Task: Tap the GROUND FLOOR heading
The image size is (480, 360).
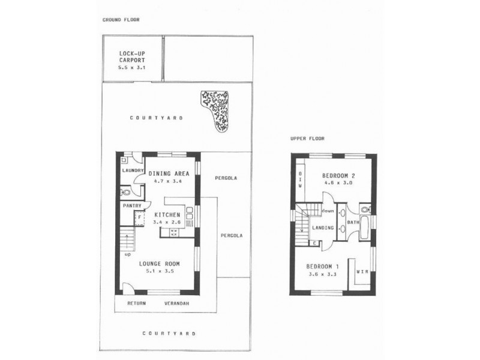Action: [x=121, y=20]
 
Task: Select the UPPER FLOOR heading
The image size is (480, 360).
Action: [x=307, y=139]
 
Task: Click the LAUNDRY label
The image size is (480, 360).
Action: [x=132, y=170]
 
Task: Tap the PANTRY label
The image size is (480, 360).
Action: [x=131, y=206]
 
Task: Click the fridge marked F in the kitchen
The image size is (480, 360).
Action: [x=139, y=217]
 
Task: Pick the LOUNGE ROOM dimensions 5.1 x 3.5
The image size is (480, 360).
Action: [x=159, y=272]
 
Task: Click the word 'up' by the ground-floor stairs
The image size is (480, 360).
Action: [x=128, y=254]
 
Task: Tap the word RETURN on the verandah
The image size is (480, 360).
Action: [x=137, y=303]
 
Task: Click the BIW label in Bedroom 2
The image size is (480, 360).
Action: [x=300, y=178]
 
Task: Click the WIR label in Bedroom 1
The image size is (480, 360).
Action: [x=362, y=271]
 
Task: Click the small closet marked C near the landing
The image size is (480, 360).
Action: [x=315, y=243]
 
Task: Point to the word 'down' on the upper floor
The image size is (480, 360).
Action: [x=327, y=211]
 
